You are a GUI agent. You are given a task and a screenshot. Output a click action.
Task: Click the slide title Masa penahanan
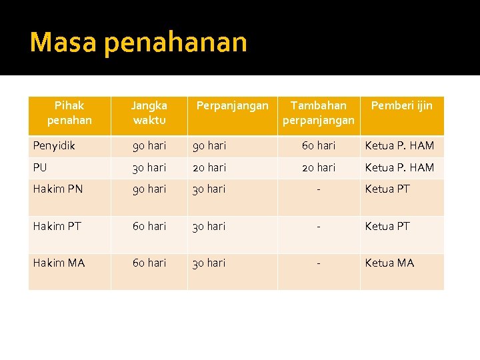point(138,43)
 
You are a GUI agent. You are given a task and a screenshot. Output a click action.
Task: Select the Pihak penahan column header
point(69,113)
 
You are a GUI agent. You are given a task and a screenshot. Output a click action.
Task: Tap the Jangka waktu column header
point(149,113)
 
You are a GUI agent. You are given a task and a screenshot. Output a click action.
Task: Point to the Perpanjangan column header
point(232,105)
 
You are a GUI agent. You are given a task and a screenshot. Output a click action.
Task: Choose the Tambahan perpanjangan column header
point(319,113)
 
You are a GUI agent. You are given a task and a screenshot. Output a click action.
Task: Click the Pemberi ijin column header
point(401,105)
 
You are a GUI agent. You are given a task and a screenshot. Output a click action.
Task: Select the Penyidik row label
point(54,145)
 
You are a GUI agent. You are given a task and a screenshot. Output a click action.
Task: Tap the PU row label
point(41,167)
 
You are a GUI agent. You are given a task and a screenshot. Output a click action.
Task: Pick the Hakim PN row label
point(58,189)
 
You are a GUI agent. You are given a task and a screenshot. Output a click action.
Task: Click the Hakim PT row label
point(57,226)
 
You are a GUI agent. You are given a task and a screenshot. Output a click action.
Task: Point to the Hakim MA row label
point(59,263)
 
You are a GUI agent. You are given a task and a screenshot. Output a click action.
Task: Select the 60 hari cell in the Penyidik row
point(319,145)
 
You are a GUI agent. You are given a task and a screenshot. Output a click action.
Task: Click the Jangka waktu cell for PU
point(149,167)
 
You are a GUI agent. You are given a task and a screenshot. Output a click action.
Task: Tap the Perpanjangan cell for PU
point(209,167)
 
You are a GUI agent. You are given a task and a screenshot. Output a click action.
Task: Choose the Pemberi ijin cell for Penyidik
point(399,145)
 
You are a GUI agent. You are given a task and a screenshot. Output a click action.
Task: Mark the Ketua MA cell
point(389,263)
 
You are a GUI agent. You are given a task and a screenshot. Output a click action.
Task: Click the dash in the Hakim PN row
point(319,189)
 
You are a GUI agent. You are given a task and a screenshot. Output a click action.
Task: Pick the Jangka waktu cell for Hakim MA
point(149,263)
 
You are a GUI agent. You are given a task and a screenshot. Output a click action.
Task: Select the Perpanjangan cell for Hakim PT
point(209,226)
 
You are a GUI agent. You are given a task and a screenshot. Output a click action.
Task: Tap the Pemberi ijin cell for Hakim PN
point(387,189)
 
